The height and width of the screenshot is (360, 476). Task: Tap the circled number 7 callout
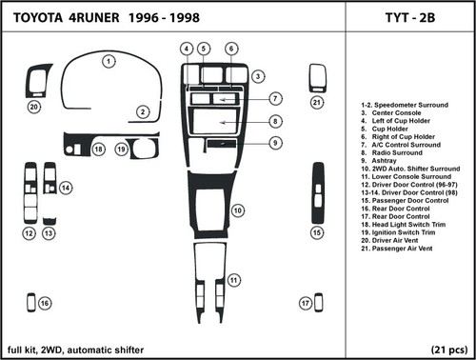click(x=274, y=98)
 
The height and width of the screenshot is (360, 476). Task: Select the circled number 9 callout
click(x=274, y=144)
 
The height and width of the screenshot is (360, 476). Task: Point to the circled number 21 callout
click(x=317, y=102)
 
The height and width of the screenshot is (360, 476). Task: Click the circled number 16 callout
click(x=45, y=303)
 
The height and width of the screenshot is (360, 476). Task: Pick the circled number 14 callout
click(x=66, y=189)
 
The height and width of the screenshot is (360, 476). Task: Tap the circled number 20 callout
click(x=33, y=108)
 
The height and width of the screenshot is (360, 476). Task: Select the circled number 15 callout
click(x=317, y=231)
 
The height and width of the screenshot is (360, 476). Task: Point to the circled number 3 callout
click(x=258, y=75)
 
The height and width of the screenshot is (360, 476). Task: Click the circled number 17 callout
click(x=305, y=303)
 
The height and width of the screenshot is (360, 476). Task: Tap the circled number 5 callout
click(x=202, y=48)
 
